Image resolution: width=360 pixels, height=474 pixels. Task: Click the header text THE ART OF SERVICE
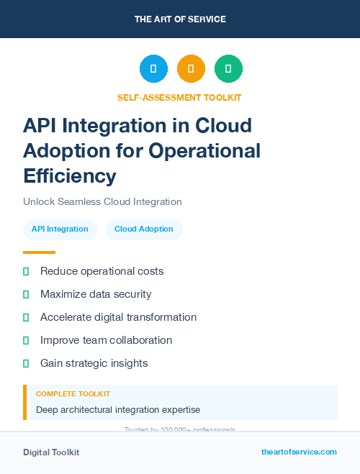click(180, 19)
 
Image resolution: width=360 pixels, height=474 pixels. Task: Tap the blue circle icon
click(153, 69)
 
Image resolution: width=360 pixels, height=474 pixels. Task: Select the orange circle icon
click(191, 69)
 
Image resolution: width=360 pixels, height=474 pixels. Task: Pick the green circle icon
click(228, 69)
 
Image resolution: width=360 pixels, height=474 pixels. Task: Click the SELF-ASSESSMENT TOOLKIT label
click(179, 97)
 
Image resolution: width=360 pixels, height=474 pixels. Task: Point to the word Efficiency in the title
click(69, 176)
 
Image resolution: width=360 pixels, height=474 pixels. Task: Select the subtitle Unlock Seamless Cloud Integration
click(102, 201)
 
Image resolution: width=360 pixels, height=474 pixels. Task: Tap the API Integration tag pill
click(60, 229)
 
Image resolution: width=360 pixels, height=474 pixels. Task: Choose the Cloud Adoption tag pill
click(144, 229)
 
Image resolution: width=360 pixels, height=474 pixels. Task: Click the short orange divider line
click(39, 252)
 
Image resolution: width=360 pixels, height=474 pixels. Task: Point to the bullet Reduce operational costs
click(102, 271)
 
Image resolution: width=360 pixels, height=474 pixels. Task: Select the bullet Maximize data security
click(96, 294)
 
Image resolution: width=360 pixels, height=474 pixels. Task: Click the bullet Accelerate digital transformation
click(118, 317)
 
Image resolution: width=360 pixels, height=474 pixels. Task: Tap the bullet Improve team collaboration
click(106, 340)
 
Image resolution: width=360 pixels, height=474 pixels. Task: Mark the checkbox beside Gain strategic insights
click(26, 363)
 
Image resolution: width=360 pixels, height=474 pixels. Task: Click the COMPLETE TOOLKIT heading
click(73, 394)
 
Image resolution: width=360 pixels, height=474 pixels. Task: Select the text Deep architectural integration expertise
click(118, 410)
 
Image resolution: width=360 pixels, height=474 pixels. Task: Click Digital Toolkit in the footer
click(51, 452)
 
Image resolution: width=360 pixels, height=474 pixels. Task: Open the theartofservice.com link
click(299, 452)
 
